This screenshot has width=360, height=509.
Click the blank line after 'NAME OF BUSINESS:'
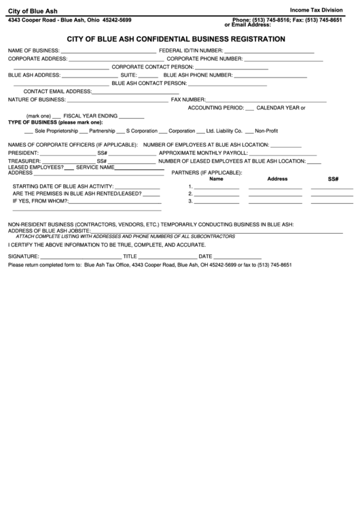click(x=108, y=52)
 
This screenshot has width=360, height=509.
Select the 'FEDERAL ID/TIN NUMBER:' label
click(x=191, y=50)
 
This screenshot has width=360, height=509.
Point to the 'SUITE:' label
click(x=128, y=75)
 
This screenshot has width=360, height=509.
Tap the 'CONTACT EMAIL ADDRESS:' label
click(x=58, y=91)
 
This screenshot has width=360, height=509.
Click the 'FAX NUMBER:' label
click(x=188, y=99)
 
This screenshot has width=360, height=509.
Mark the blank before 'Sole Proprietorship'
click(x=29, y=130)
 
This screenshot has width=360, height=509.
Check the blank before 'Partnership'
click(x=84, y=130)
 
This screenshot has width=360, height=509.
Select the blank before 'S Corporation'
click(x=121, y=130)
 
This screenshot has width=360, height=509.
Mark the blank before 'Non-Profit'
click(x=249, y=130)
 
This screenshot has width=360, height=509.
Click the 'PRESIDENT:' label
click(x=23, y=154)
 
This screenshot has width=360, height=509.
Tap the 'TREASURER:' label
click(x=24, y=161)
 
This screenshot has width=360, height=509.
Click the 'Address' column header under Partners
click(x=277, y=179)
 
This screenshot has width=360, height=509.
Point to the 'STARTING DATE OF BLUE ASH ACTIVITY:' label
click(x=62, y=186)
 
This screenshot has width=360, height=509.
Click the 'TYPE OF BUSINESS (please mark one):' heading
click(x=54, y=122)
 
